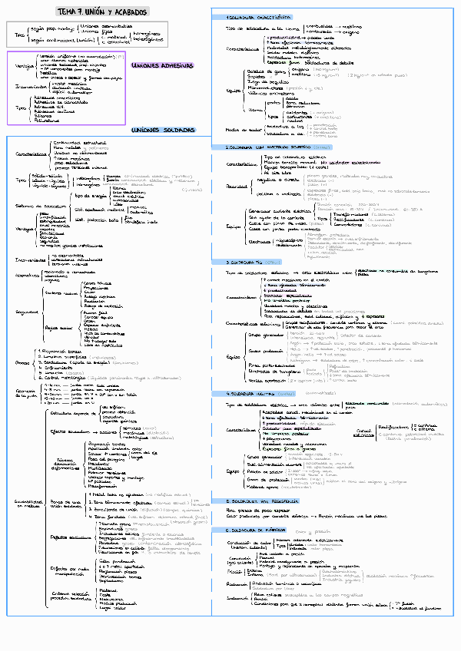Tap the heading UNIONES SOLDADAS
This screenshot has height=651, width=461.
pyautogui.click(x=164, y=131)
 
